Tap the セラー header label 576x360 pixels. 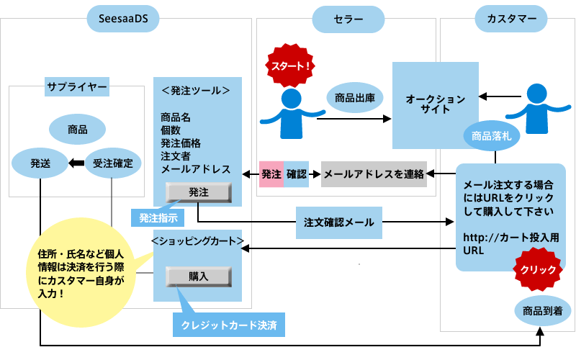[348, 18]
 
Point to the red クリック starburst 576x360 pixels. [536, 270]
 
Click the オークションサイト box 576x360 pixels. [436, 104]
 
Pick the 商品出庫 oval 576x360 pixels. [354, 96]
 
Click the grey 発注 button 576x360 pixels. [198, 192]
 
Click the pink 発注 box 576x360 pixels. [271, 174]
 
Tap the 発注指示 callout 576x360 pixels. [158, 217]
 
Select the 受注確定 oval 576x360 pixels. [112, 163]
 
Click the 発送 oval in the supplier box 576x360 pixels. [40, 163]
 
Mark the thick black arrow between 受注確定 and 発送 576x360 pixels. [76, 163]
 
